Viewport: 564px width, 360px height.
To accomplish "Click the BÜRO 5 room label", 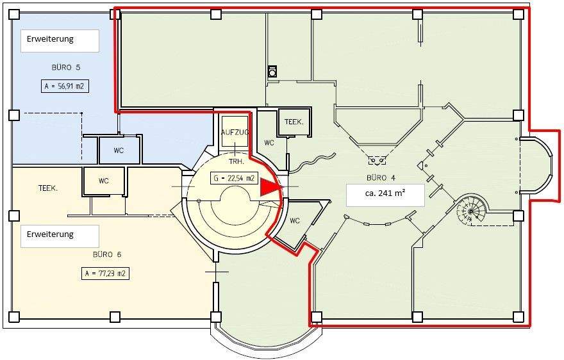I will pyautogui.click(x=65, y=67).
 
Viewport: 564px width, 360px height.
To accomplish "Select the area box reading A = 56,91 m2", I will pyautogui.click(x=65, y=86).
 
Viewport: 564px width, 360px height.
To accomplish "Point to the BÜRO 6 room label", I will pyautogui.click(x=106, y=254).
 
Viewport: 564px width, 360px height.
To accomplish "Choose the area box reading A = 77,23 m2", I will pyautogui.click(x=106, y=274).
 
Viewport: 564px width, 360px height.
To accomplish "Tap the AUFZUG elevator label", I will pyautogui.click(x=235, y=132).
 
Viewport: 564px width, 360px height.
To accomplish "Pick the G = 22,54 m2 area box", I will pyautogui.click(x=234, y=178).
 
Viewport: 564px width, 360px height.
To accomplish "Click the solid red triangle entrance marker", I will pyautogui.click(x=269, y=187).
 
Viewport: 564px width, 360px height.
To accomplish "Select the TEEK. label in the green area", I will pyautogui.click(x=294, y=121).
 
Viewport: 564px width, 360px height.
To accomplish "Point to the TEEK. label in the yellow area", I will pyautogui.click(x=49, y=188).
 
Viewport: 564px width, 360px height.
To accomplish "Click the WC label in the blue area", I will pyautogui.click(x=119, y=151).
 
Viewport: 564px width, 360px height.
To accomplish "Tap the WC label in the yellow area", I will pyautogui.click(x=103, y=181).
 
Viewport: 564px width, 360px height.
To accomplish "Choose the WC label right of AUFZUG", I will pyautogui.click(x=269, y=143).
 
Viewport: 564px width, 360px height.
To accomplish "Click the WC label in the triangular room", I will pyautogui.click(x=295, y=221).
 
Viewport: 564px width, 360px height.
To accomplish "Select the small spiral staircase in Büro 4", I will pyautogui.click(x=471, y=209).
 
